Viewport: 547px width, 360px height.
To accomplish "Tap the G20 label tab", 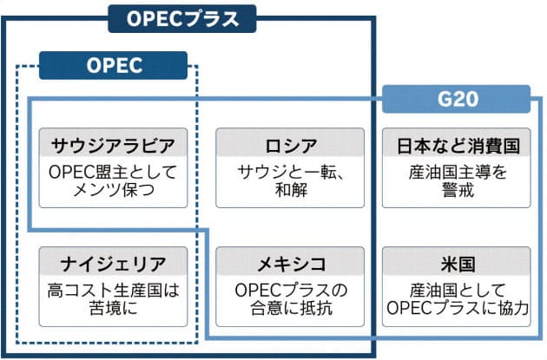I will [x=457, y=99].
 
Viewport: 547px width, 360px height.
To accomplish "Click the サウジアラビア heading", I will [x=114, y=144].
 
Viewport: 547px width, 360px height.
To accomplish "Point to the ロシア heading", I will [x=287, y=144].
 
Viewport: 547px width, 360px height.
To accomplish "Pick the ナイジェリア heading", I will [x=114, y=262].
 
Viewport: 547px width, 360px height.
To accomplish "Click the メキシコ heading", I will [x=287, y=262].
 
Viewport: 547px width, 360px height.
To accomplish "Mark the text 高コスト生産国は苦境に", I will [x=114, y=298].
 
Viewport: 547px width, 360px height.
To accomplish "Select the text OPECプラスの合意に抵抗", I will [x=287, y=298].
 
